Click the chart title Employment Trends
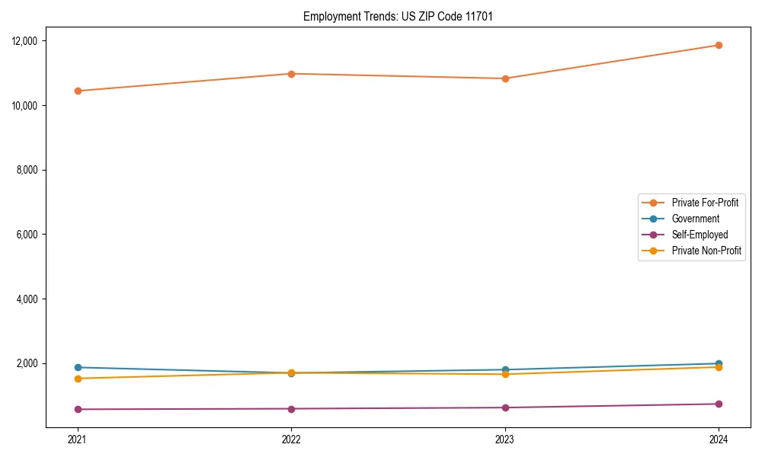[398, 17]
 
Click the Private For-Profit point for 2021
[78, 91]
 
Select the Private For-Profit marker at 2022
[291, 74]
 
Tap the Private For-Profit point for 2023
[505, 78]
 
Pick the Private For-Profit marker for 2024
[719, 45]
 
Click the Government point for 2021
[78, 367]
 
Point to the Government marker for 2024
[719, 363]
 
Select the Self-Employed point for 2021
[78, 409]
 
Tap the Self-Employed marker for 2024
[719, 404]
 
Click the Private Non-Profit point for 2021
[78, 379]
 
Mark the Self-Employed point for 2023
[505, 407]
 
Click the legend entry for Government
[695, 219]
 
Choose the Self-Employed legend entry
[700, 235]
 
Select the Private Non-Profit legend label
[706, 251]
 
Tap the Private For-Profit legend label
[704, 203]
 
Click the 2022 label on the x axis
[291, 439]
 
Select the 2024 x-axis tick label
[719, 439]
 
